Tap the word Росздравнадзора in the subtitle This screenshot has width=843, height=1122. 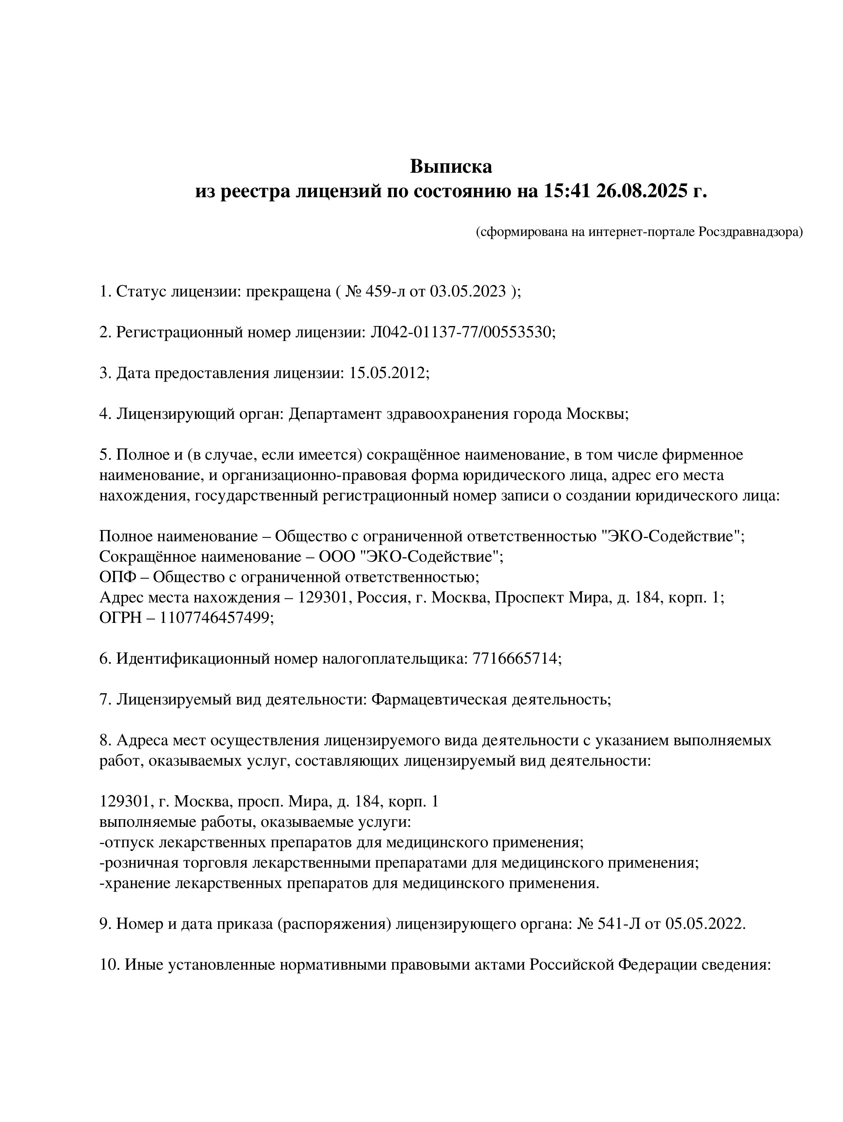pos(751,232)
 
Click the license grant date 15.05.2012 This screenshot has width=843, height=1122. pos(388,373)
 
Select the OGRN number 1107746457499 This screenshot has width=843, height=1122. pos(217,618)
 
